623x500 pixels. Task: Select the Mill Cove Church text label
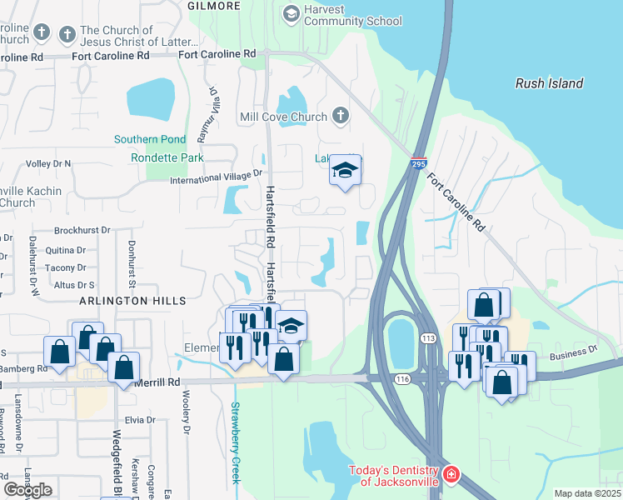tap(282, 117)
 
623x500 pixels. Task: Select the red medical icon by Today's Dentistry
tap(451, 474)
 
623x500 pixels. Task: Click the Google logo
tap(27, 490)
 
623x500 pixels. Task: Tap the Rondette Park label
tap(167, 157)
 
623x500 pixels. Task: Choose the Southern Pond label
tap(150, 139)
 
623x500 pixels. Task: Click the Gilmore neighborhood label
tap(214, 6)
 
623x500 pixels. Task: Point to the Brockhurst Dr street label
tap(82, 230)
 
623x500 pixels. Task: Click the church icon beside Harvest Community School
tap(292, 12)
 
